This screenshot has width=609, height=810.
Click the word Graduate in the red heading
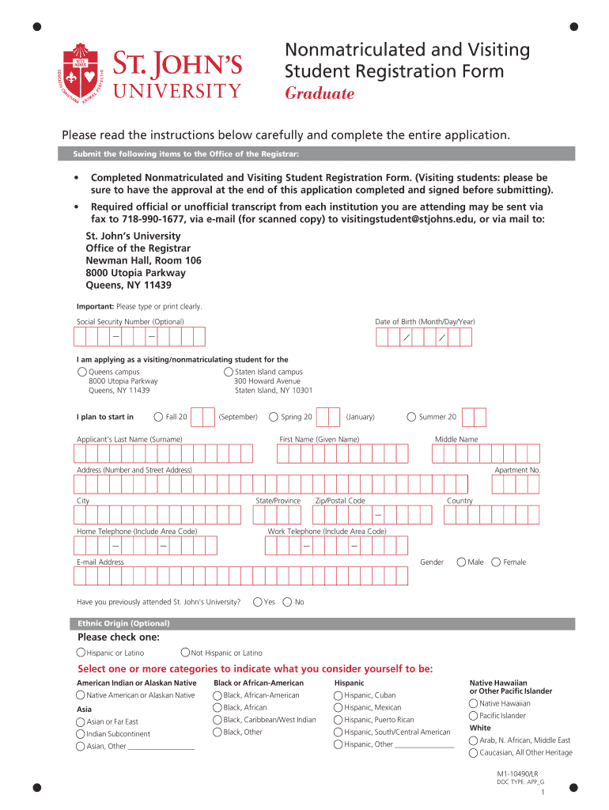click(320, 94)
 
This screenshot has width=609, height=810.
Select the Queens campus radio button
click(82, 372)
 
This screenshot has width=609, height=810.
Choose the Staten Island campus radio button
click(229, 372)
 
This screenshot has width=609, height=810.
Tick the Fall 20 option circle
click(159, 417)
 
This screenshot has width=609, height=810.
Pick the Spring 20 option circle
click(274, 417)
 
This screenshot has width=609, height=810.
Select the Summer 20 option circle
click(411, 417)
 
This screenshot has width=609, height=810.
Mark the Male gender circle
click(461, 562)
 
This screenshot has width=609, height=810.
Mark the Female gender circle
click(496, 562)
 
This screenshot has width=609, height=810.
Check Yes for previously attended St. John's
click(258, 602)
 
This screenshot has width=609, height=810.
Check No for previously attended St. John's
click(287, 602)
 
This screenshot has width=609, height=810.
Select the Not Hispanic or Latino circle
click(185, 653)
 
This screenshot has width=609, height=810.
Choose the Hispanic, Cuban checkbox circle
click(339, 695)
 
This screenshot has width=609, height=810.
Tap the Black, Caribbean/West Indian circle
click(217, 720)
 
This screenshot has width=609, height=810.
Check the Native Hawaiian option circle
click(473, 703)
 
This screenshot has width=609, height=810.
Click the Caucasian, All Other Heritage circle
click(473, 752)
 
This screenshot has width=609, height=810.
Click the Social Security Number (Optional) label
click(130, 322)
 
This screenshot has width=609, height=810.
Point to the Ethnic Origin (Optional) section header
click(121, 623)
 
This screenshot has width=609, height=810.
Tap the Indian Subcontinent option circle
click(81, 734)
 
